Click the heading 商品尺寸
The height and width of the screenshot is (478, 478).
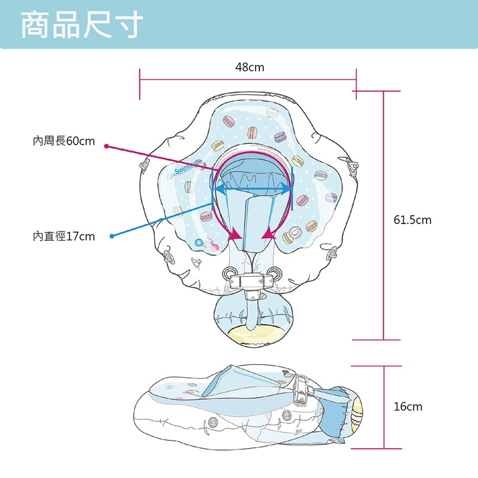(x=82, y=24)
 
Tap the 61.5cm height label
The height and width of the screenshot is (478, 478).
(x=412, y=220)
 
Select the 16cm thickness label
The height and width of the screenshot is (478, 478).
(x=407, y=406)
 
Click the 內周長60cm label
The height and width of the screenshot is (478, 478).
(x=64, y=141)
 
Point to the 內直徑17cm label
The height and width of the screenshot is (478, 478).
(x=64, y=237)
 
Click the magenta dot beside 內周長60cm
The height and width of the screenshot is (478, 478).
(x=106, y=145)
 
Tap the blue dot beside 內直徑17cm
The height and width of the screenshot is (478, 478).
(x=112, y=237)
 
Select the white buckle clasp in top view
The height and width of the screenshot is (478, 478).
(x=253, y=279)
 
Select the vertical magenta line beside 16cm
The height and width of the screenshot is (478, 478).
(x=384, y=406)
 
